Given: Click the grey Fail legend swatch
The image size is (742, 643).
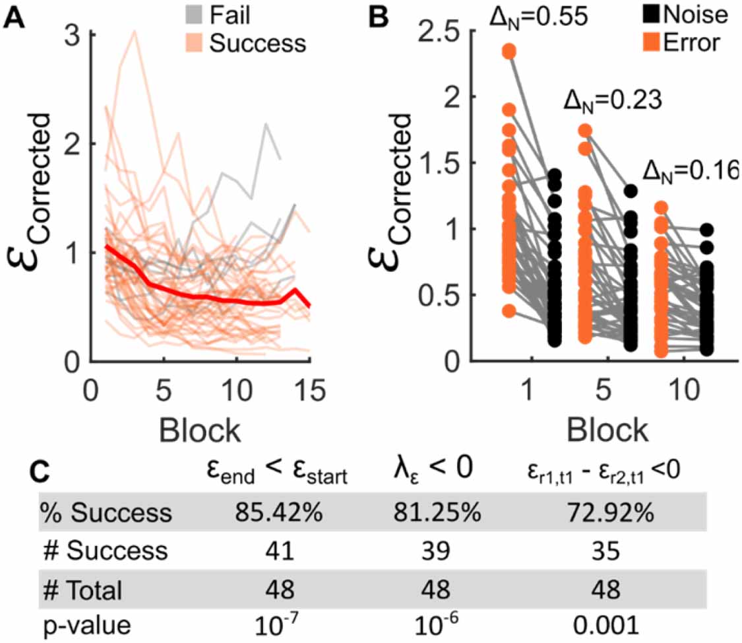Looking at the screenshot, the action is [193, 15].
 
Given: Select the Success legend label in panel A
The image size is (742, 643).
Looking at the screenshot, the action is [258, 44].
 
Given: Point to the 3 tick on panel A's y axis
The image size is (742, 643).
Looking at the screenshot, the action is [71, 36].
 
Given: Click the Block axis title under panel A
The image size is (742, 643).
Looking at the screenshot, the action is [200, 430].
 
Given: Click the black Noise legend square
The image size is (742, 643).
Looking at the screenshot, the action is [652, 15].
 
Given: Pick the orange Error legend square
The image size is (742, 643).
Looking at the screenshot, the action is [652, 43].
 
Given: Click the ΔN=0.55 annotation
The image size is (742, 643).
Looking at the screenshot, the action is [538, 17].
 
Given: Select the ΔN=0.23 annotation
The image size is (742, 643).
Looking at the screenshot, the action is [612, 101].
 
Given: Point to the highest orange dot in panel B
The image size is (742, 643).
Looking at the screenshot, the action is [509, 51].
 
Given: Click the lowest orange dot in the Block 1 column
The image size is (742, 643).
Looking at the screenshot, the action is [509, 311].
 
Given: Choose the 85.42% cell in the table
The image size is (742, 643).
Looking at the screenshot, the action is [279, 512].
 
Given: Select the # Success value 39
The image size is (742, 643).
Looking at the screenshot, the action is [436, 551].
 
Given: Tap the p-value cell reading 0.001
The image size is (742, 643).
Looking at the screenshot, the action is [606, 626].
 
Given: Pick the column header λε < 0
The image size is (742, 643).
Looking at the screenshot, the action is [433, 470].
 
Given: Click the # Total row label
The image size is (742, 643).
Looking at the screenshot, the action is [82, 590].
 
